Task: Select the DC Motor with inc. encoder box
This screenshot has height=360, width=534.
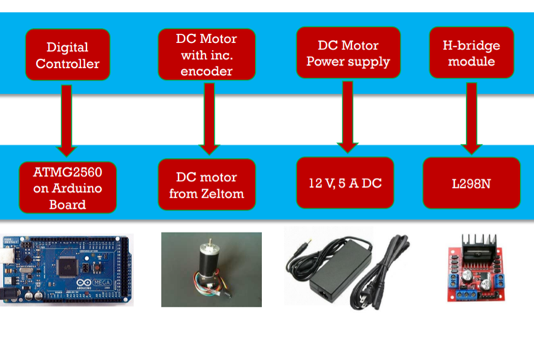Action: [x=206, y=55]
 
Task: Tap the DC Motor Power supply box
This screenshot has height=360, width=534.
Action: [x=348, y=53]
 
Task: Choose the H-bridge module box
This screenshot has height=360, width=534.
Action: [x=471, y=53]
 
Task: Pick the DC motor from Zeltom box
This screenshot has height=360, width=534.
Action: [x=206, y=185]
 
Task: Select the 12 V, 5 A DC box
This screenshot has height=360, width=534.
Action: [x=345, y=183]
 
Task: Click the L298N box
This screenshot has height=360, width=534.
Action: [x=471, y=183]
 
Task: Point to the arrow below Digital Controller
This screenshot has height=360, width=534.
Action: [x=67, y=120]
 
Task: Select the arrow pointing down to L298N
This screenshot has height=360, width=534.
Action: [x=472, y=119]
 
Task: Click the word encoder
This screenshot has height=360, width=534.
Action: [x=206, y=71]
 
